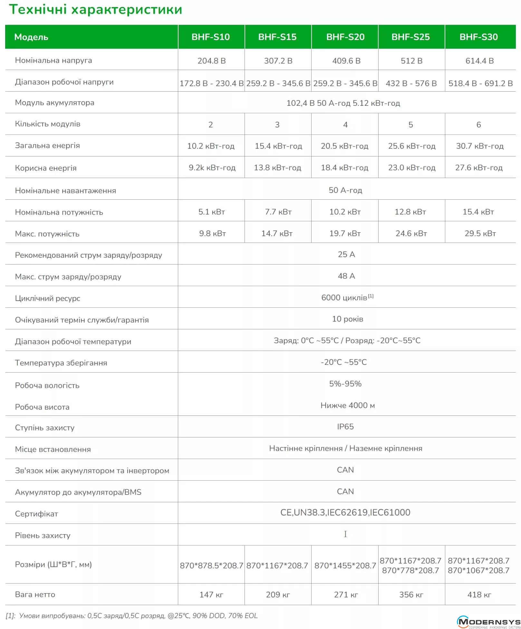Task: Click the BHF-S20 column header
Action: (x=345, y=37)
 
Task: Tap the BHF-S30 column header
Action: (x=478, y=37)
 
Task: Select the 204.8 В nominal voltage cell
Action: (x=211, y=61)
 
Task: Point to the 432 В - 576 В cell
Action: (x=411, y=83)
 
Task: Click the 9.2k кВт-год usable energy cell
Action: (x=212, y=167)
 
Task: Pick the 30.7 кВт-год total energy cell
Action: (x=479, y=146)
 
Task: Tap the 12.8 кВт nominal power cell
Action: (x=410, y=212)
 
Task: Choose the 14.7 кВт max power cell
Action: (x=277, y=233)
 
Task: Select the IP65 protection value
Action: (x=345, y=426)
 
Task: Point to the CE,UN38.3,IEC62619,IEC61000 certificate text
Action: (x=345, y=513)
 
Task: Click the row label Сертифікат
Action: (x=36, y=514)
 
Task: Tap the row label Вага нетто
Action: (x=35, y=594)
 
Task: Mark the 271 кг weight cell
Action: (x=346, y=594)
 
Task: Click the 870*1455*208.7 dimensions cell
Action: (x=345, y=565)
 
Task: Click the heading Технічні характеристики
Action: (x=95, y=10)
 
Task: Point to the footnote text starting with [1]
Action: (x=132, y=615)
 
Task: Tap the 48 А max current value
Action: (x=346, y=276)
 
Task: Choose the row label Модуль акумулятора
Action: (x=54, y=103)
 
